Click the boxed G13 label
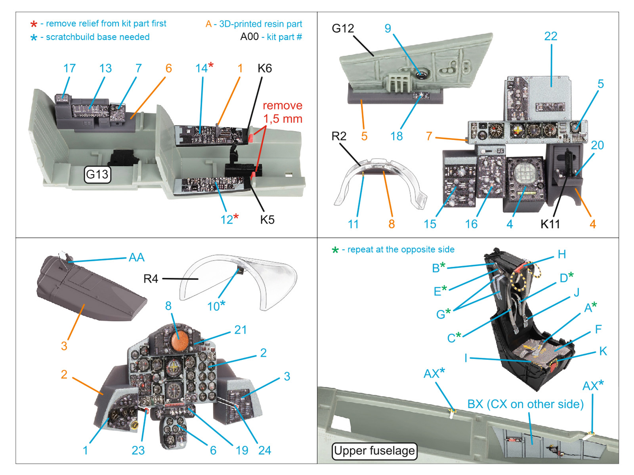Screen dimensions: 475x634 coord(97,174)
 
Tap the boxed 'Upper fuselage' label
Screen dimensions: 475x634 coord(374,451)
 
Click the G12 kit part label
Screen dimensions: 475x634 coord(343,28)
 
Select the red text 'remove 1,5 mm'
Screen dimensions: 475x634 coord(283,112)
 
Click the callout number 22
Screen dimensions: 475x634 coord(551,36)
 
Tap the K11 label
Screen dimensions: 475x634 coord(550,224)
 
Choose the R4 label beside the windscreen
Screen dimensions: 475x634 coord(151,279)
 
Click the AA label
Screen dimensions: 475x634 coord(136,258)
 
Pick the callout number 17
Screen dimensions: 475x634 coord(69,68)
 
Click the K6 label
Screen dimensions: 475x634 coord(264,68)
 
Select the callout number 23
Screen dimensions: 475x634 coord(138,450)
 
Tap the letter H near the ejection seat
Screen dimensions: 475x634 coord(561,255)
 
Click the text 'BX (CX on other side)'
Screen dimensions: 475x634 coord(525,404)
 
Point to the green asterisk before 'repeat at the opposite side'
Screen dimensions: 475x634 coord(335,250)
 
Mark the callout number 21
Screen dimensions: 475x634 coord(241,330)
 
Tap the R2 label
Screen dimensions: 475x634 coord(339,136)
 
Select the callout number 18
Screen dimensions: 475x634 coord(396,136)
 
